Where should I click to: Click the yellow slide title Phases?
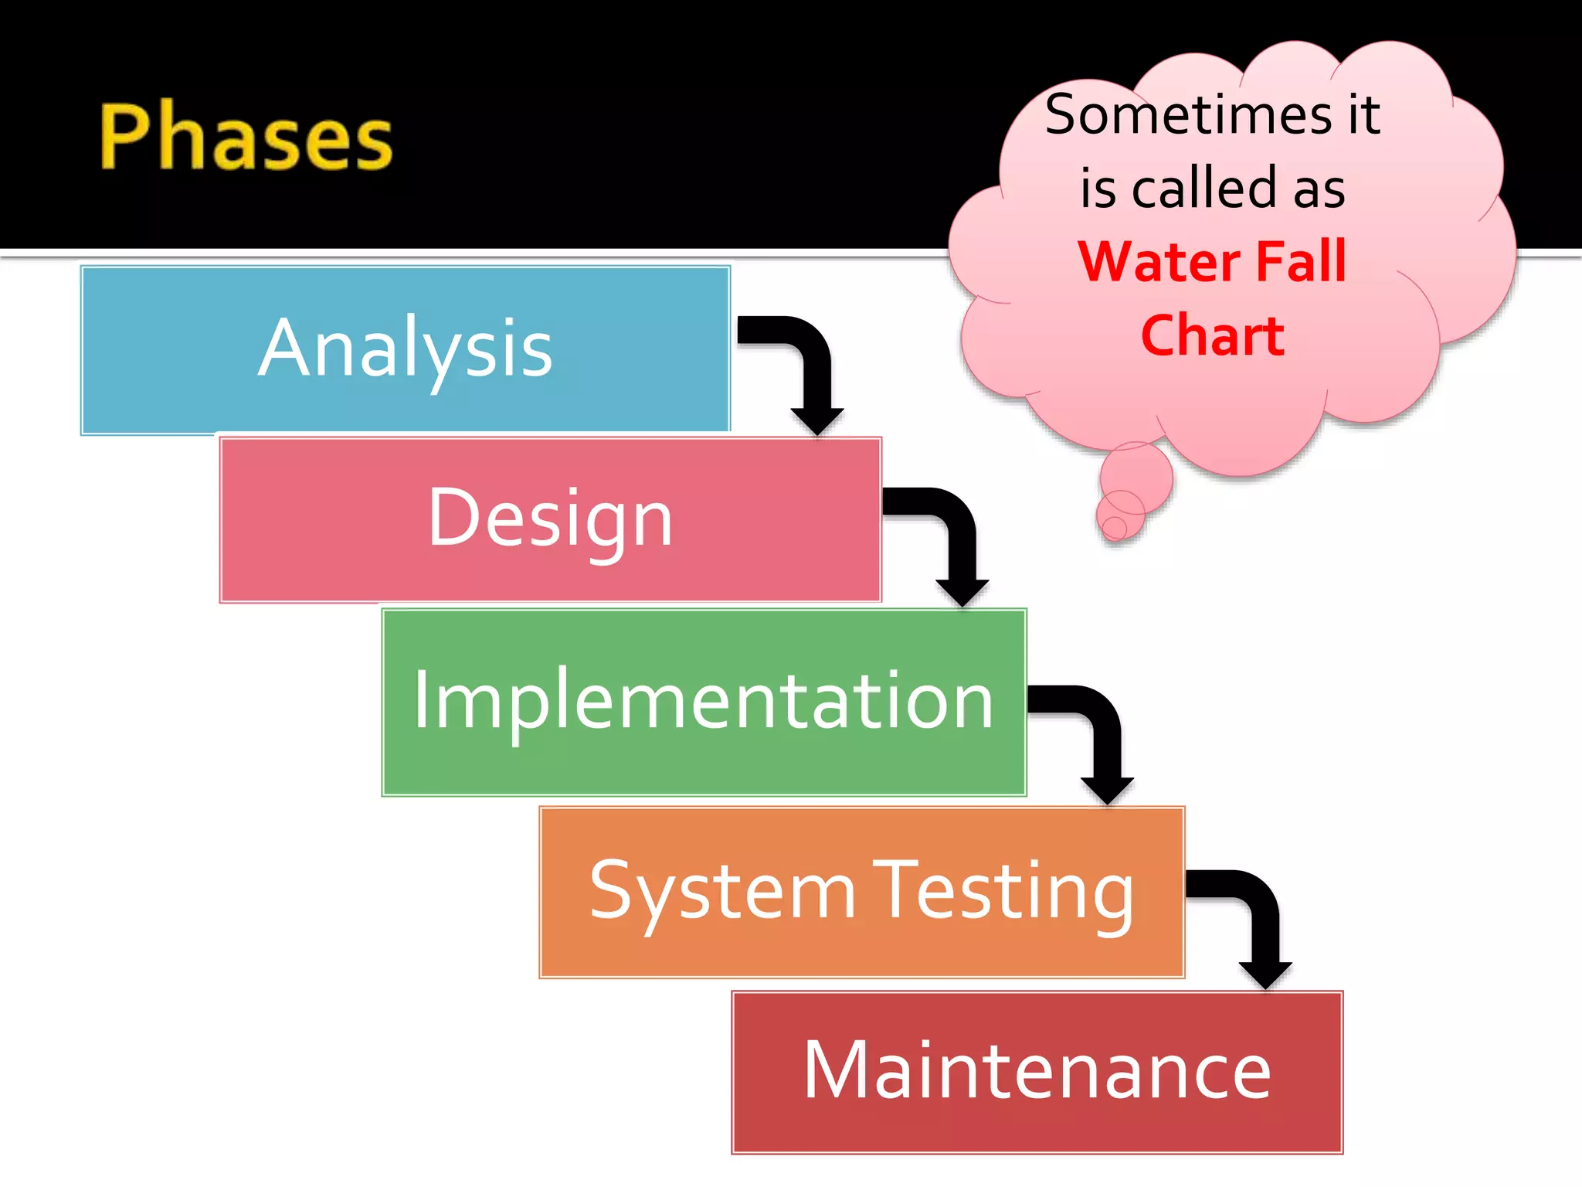[246, 137]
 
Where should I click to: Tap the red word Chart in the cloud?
[1212, 335]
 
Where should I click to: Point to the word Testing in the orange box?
[1006, 893]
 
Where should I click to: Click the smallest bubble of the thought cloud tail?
[1114, 528]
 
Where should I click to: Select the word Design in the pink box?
[550, 519]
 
